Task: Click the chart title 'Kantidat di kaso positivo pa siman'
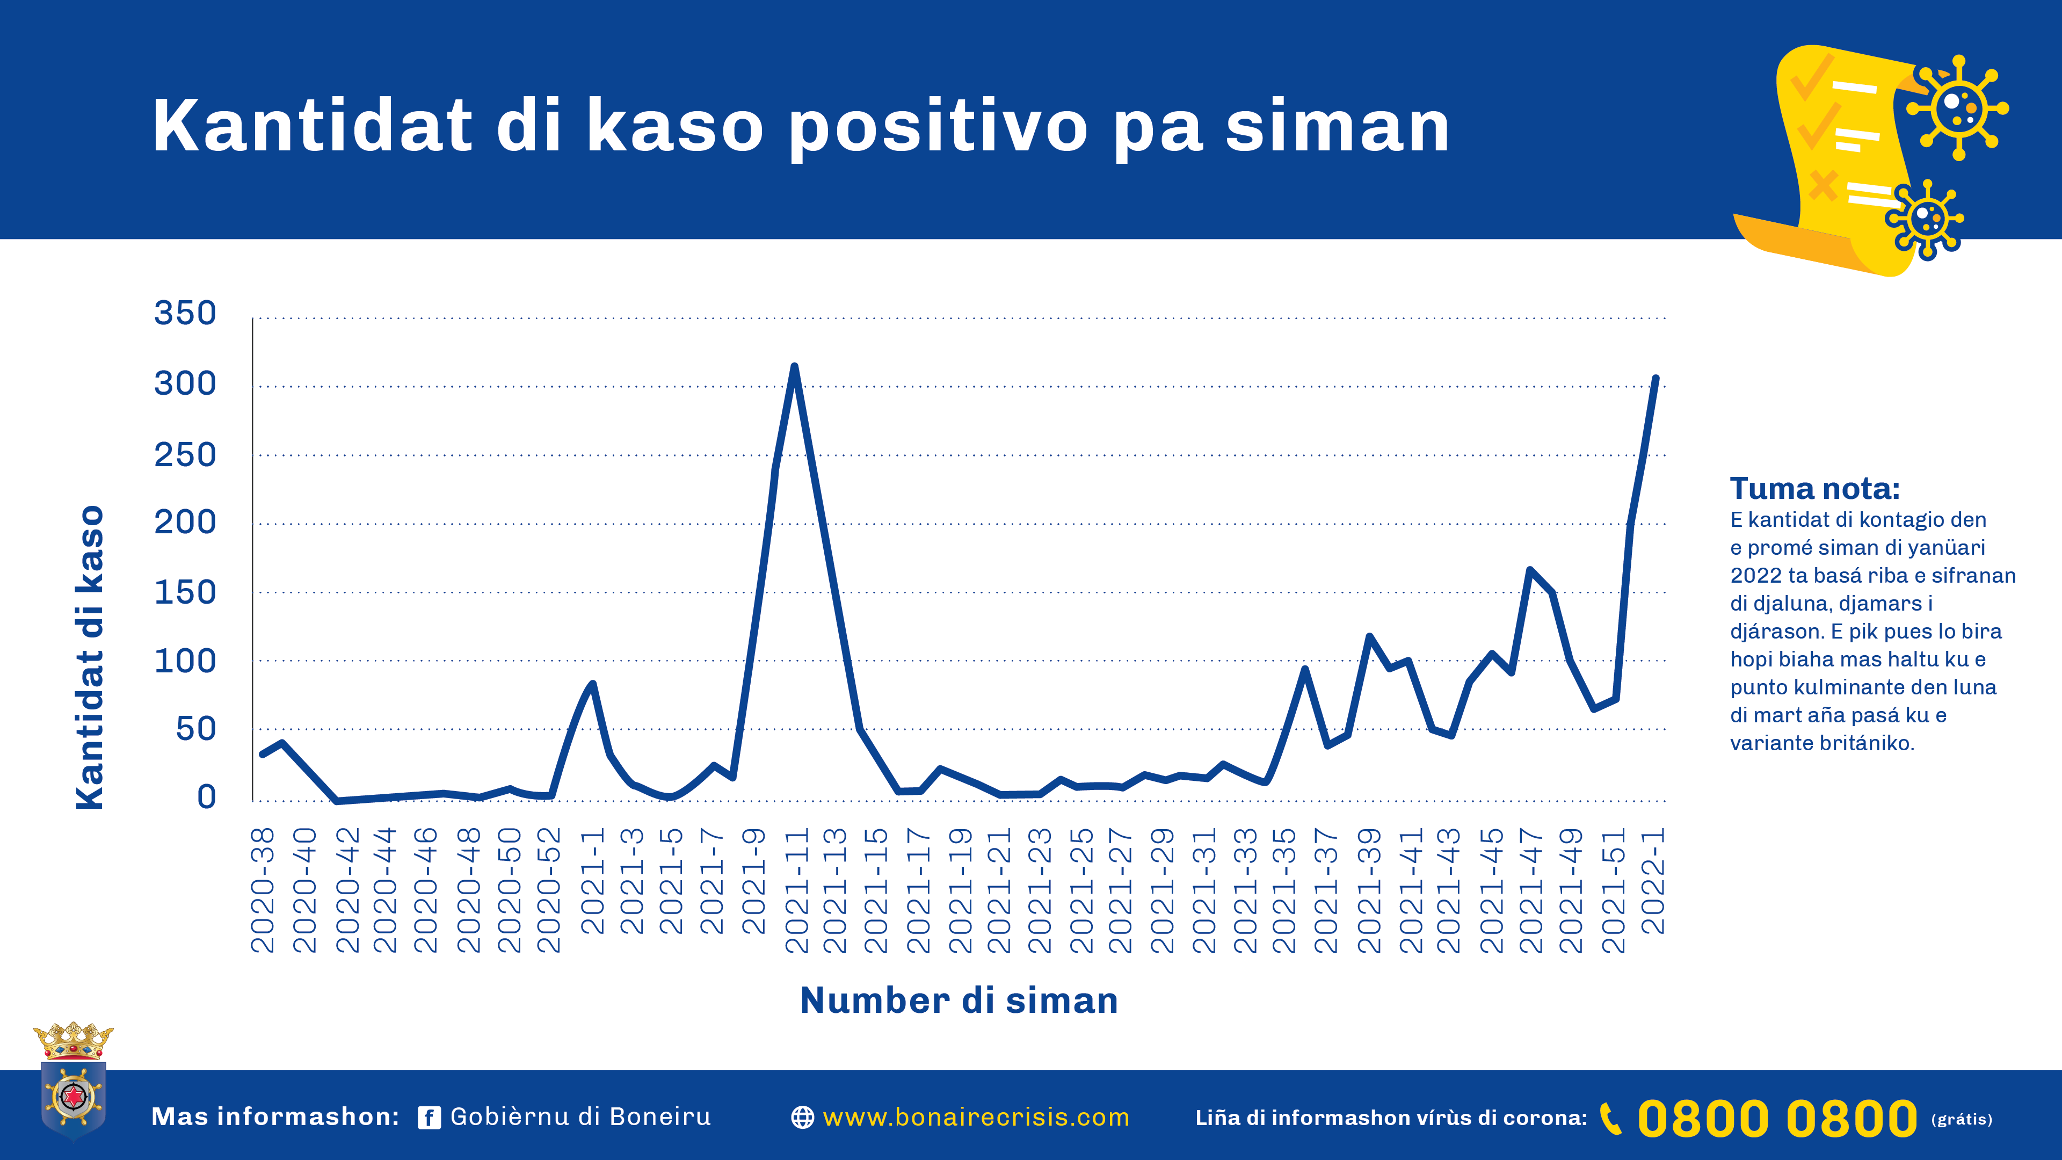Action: pos(801,127)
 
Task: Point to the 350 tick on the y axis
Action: pos(185,313)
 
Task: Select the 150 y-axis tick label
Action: pos(185,592)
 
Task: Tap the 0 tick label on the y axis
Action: pos(207,796)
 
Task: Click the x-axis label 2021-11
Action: pos(796,890)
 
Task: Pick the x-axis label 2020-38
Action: pos(263,890)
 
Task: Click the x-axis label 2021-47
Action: pos(1530,890)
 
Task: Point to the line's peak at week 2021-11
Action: pos(794,367)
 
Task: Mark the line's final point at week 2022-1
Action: pos(1656,378)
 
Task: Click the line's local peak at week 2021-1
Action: pos(592,684)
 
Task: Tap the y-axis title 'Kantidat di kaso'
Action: pos(90,656)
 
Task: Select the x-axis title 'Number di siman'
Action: pos(959,1001)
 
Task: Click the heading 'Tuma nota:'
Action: pos(1814,488)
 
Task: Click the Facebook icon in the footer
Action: pos(429,1118)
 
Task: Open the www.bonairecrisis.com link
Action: pos(976,1118)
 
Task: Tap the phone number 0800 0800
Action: pos(1777,1118)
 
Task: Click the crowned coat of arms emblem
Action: pos(73,1081)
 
